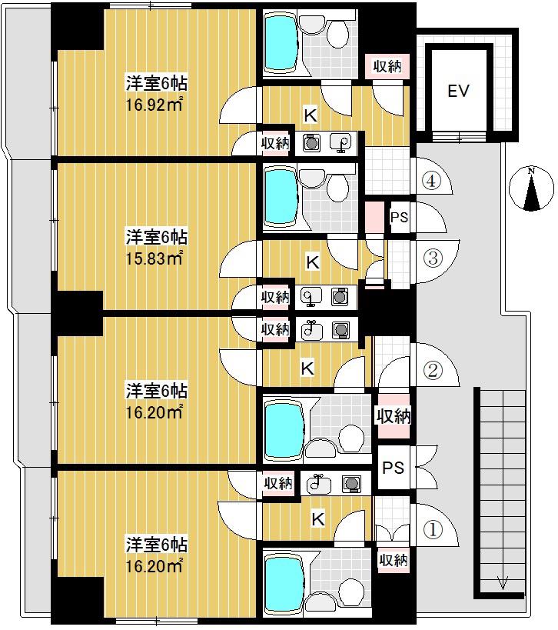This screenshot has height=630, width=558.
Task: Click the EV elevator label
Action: pyautogui.click(x=458, y=92)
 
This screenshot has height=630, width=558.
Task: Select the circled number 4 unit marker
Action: pyautogui.click(x=431, y=182)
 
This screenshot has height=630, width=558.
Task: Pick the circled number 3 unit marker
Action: pyautogui.click(x=433, y=258)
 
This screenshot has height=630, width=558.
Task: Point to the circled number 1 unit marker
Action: pyautogui.click(x=433, y=529)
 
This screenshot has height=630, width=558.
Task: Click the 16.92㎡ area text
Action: pyautogui.click(x=154, y=105)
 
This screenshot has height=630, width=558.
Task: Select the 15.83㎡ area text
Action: pyautogui.click(x=154, y=258)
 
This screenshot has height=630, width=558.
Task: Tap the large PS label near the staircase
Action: pyautogui.click(x=393, y=468)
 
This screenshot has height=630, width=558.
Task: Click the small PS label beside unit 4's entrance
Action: pyautogui.click(x=399, y=218)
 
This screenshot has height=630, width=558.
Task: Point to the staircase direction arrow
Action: pyautogui.click(x=503, y=582)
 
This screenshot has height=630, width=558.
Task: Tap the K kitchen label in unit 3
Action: pyautogui.click(x=313, y=262)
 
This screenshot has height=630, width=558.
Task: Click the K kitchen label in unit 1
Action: pyautogui.click(x=318, y=519)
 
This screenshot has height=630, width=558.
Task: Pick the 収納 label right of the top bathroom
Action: pyautogui.click(x=387, y=66)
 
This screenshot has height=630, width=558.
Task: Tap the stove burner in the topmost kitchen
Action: pyautogui.click(x=310, y=142)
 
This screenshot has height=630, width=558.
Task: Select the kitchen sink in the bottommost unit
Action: pyautogui.click(x=319, y=484)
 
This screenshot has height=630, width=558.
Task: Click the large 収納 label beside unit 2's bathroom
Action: pyautogui.click(x=394, y=417)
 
